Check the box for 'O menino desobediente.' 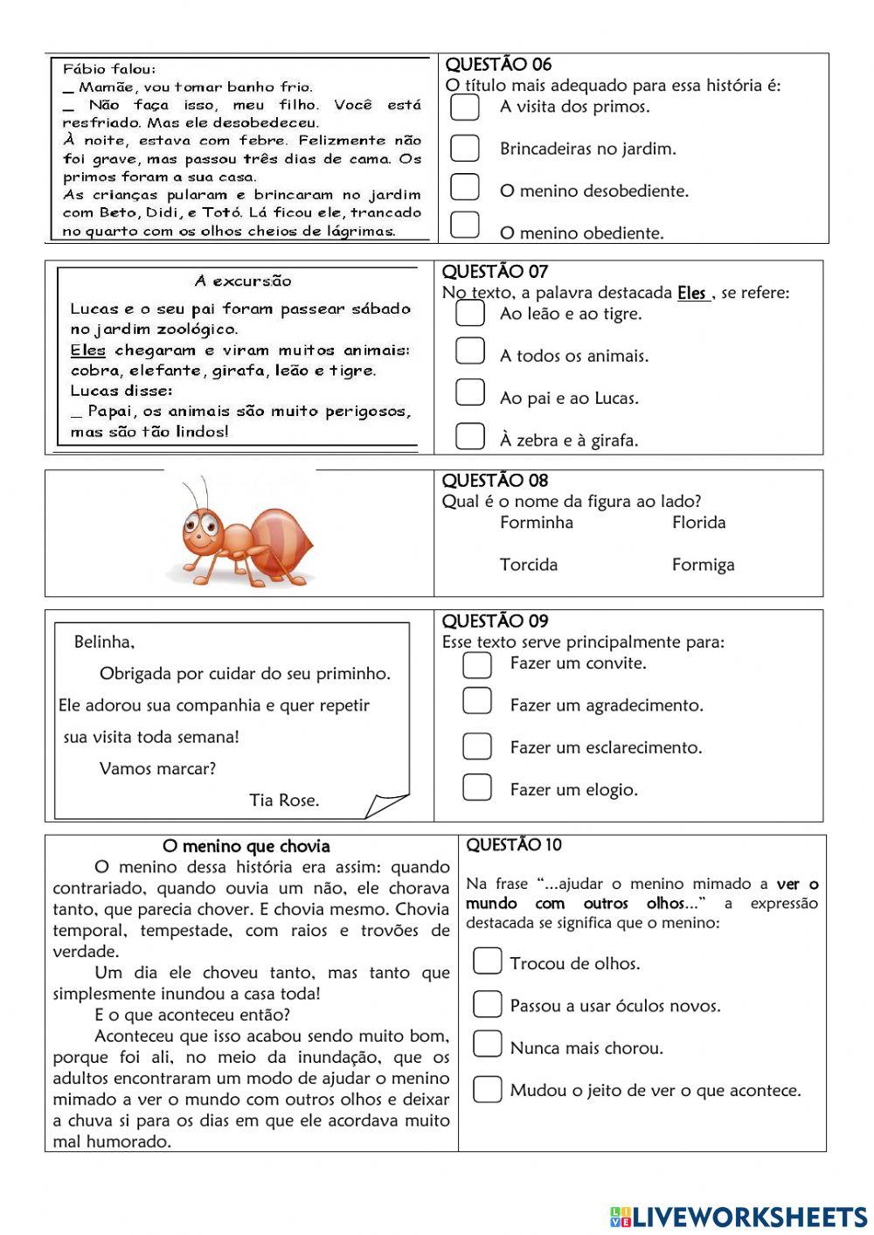464,187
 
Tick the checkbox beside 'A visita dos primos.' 464,107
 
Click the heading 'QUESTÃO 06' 498,65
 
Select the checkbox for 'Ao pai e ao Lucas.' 470,392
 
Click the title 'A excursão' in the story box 243,281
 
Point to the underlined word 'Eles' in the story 87,350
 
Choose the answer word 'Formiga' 703,565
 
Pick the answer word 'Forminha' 537,523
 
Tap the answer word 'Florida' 698,523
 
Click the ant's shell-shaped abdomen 281,538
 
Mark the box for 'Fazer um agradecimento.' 477,701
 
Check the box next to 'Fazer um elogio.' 477,787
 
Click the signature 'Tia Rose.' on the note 284,800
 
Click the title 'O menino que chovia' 246,846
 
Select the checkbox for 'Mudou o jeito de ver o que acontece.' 488,1089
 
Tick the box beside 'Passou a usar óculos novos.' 488,1004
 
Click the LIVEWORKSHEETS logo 739,1217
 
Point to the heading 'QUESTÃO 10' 514,845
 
